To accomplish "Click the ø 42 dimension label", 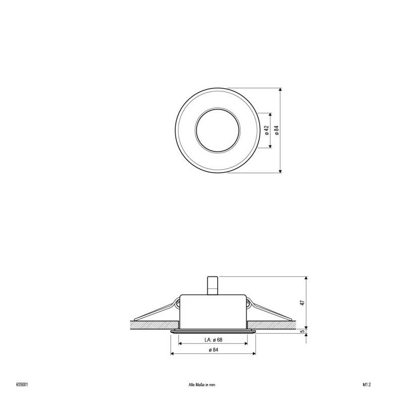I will tap(266, 130).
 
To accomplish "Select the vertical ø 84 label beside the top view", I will tap(276, 130).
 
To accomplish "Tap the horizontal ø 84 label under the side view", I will tap(213, 350).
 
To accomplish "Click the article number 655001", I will tap(22, 384).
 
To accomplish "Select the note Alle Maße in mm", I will tap(201, 384).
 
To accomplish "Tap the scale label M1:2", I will tap(367, 384).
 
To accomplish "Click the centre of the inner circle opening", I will tap(213, 130).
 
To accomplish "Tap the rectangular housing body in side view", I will tap(213, 311).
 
